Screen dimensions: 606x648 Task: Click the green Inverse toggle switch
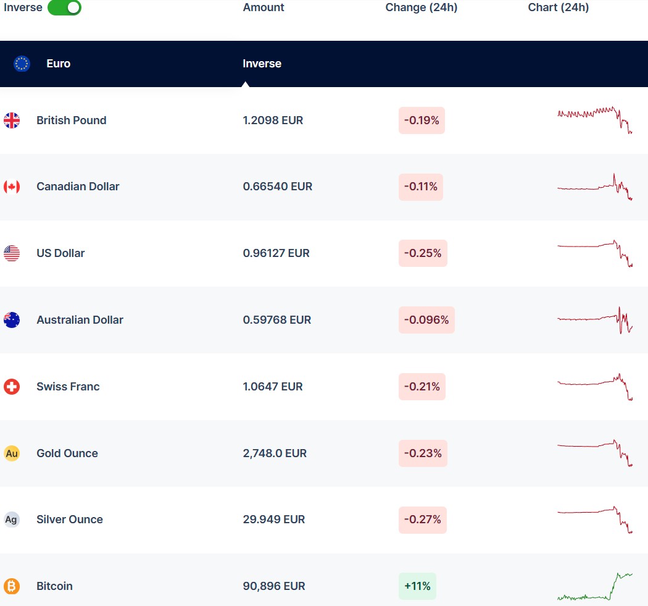point(64,7)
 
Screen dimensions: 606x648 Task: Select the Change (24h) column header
point(422,7)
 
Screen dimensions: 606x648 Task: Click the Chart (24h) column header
point(559,7)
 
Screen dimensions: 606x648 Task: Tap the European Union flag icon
point(22,64)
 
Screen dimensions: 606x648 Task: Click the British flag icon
point(12,120)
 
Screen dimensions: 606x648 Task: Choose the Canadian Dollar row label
point(78,187)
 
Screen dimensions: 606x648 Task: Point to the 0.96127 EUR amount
point(276,253)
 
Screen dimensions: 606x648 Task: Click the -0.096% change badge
point(426,320)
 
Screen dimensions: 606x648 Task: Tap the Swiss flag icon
point(12,387)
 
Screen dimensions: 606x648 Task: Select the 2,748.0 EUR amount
point(275,453)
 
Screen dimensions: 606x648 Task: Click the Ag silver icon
point(12,520)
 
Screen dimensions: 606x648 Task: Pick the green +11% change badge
point(417,586)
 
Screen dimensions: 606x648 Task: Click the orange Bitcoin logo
point(12,586)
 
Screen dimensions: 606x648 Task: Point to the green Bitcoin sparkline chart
point(595,587)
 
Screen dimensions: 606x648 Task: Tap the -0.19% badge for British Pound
point(422,120)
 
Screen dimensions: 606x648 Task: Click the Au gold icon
point(12,453)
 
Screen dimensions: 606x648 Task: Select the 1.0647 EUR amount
point(273,387)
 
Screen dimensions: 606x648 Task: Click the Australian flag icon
point(12,320)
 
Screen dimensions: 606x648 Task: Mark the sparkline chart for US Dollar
point(595,253)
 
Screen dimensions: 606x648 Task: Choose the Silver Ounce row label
point(70,520)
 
